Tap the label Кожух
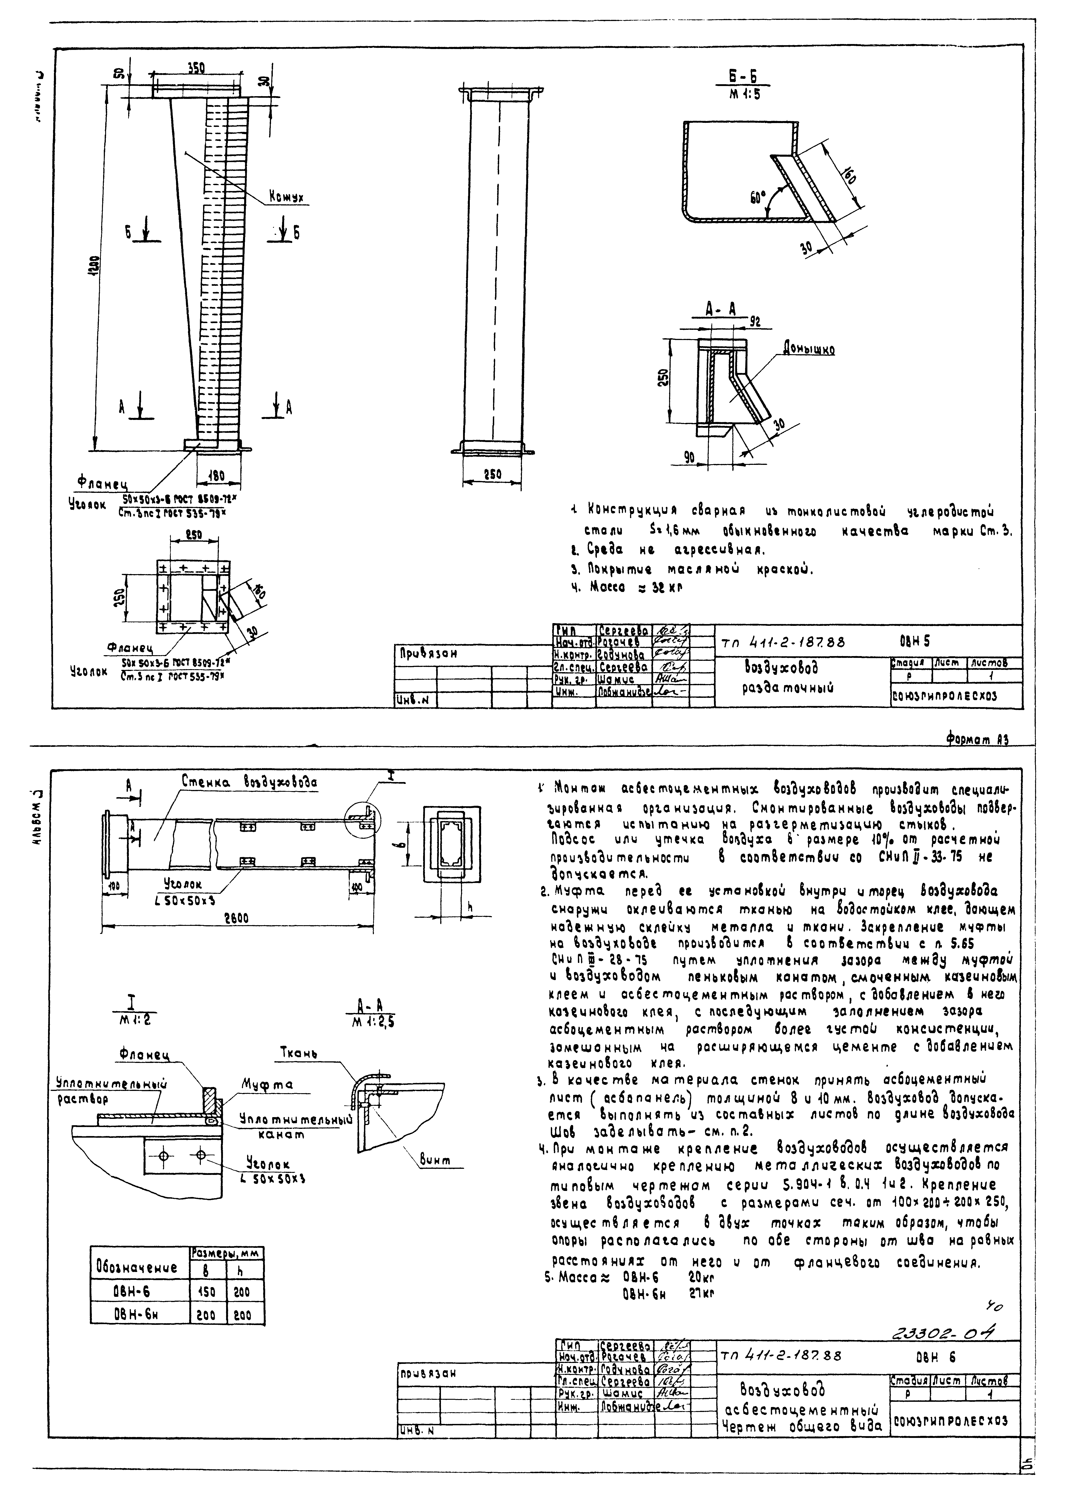tap(286, 197)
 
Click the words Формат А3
tap(976, 739)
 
